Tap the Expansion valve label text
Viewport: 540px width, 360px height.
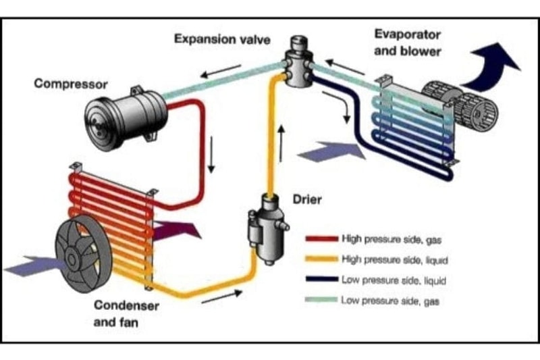point(222,39)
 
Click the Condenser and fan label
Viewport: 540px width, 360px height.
point(126,313)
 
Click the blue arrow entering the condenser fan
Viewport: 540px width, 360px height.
point(30,264)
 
